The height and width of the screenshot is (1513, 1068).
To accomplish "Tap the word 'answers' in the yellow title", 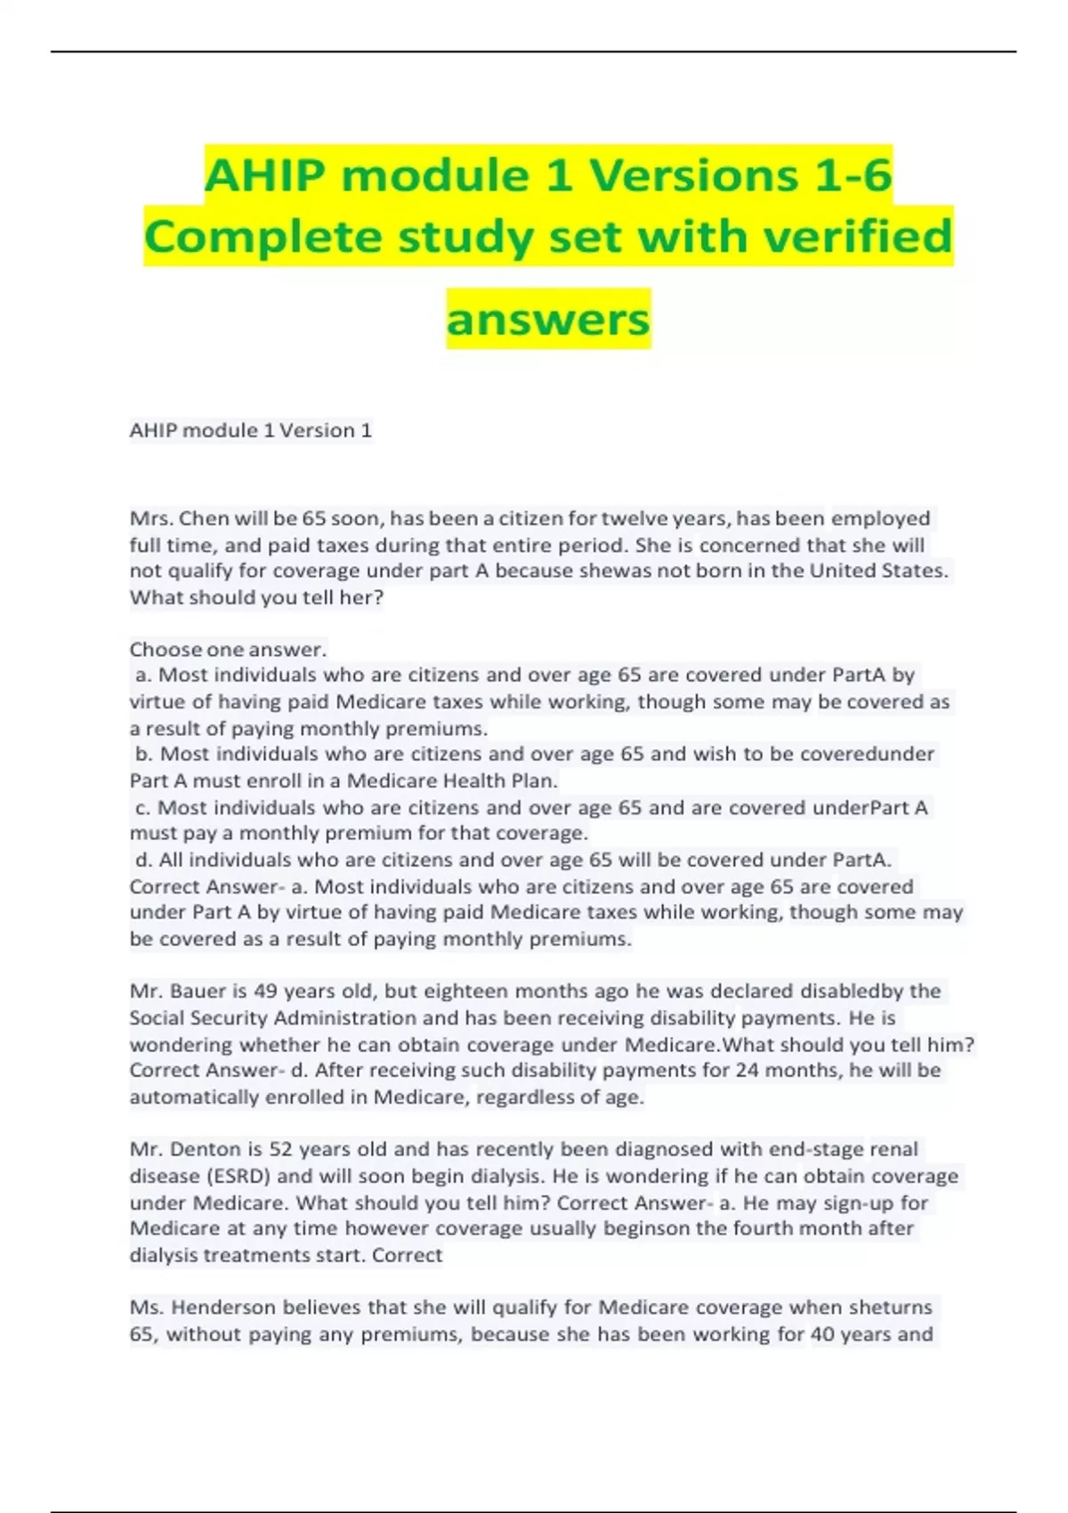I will (548, 319).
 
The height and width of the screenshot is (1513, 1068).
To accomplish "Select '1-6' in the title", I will (846, 174).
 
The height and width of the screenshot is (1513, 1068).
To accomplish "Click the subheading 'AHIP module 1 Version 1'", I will (250, 431).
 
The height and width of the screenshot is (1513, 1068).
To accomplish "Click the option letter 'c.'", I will (142, 808).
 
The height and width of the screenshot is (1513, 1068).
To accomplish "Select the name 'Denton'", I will (208, 1150).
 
